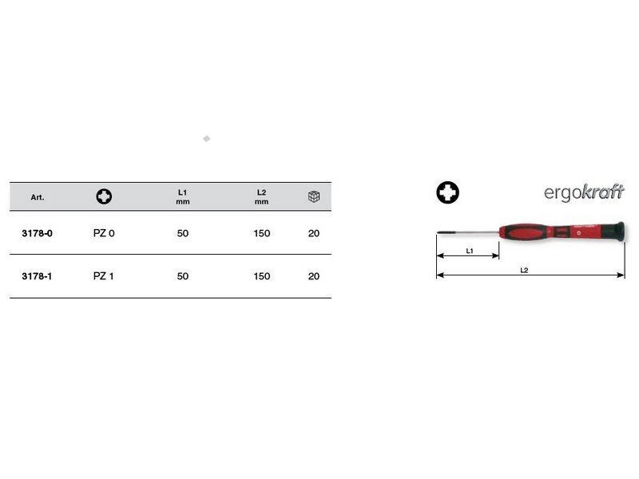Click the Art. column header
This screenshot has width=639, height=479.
[x=37, y=197]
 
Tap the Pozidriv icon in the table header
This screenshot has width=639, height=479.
[x=104, y=196]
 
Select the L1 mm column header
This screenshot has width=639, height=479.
[x=183, y=196]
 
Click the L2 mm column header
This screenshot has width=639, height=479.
[x=262, y=196]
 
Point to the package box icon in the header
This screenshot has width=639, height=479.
[x=314, y=196]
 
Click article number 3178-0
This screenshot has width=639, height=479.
[x=37, y=233]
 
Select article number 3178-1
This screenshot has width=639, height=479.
[x=37, y=276]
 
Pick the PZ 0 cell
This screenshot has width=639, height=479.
[x=104, y=233]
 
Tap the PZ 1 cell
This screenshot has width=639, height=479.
[x=104, y=276]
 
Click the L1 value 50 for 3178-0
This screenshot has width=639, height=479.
[x=183, y=233]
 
